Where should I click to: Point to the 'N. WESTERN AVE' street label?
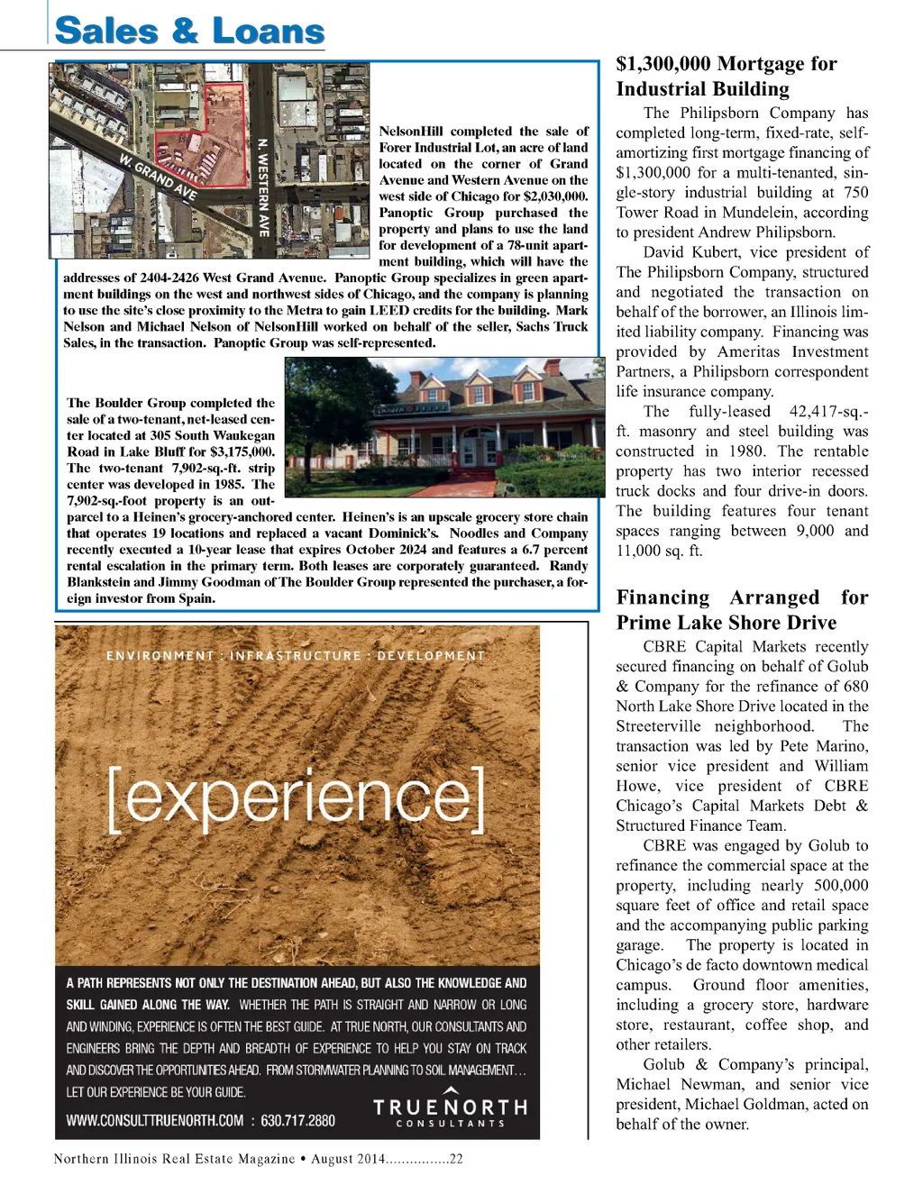tap(263, 187)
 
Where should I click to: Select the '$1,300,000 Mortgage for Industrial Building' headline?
tap(727, 77)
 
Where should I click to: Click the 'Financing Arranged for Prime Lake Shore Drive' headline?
tap(742, 610)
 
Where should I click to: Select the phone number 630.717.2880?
tap(298, 1121)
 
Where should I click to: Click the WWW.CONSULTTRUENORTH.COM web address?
tap(155, 1121)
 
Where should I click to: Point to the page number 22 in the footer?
tap(456, 1159)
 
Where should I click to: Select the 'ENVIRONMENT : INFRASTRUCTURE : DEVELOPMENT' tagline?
tap(296, 656)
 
